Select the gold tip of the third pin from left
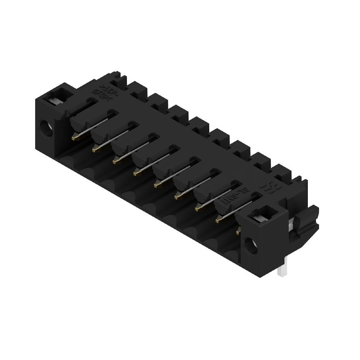(x=116, y=160)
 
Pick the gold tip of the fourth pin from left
(x=136, y=172)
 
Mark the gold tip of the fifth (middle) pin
(x=157, y=184)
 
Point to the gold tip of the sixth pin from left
(x=177, y=196)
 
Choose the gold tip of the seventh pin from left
(x=198, y=208)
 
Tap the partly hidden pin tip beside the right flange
(x=238, y=232)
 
